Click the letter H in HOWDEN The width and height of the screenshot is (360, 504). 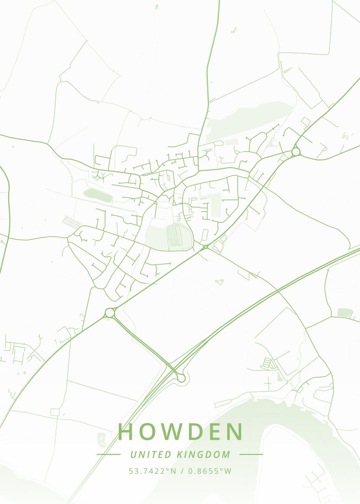click(126, 432)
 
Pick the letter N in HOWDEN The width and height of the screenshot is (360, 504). click(235, 432)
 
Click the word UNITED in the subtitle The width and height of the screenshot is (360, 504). click(151, 454)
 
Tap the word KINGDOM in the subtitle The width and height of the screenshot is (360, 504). click(203, 454)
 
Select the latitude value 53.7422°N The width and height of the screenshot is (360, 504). click(152, 471)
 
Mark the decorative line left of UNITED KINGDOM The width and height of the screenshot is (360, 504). click(108, 454)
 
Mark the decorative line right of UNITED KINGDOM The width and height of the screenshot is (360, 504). click(251, 454)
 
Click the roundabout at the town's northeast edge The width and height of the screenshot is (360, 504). click(296, 151)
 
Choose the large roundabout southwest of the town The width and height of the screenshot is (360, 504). click(110, 312)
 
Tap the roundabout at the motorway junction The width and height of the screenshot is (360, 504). click(181, 378)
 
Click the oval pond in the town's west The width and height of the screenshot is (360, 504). click(97, 194)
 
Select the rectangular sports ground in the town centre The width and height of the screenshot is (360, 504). click(173, 236)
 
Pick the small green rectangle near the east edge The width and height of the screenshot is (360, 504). click(344, 312)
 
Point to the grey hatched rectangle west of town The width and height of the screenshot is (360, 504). click(71, 222)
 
